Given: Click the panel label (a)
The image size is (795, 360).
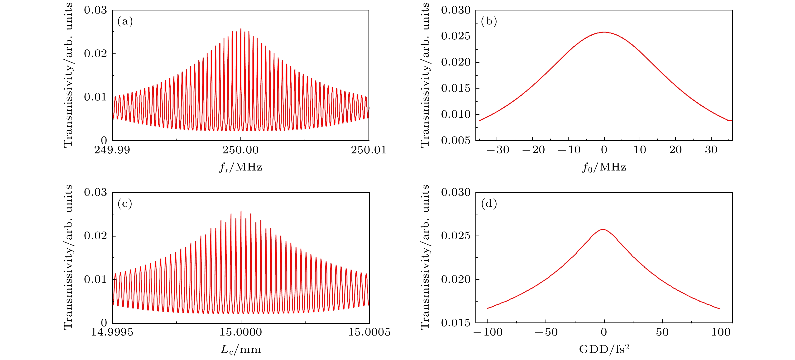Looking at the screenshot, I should pyautogui.click(x=125, y=21).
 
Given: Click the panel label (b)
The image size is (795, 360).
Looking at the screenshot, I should pyautogui.click(x=489, y=21).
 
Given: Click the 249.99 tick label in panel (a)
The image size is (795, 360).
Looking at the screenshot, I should pyautogui.click(x=112, y=150).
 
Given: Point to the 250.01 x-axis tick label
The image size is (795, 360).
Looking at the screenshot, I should pyautogui.click(x=369, y=150).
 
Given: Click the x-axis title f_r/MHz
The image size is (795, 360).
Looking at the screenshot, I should pyautogui.click(x=241, y=167).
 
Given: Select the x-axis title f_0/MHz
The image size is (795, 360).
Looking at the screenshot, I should pyautogui.click(x=604, y=167).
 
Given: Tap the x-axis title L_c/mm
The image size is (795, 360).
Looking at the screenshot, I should pyautogui.click(x=241, y=350).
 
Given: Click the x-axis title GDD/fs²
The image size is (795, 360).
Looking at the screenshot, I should pyautogui.click(x=604, y=349).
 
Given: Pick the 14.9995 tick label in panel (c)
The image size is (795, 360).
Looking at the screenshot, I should pyautogui.click(x=112, y=332).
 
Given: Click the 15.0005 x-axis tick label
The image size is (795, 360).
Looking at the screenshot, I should pyautogui.click(x=369, y=332).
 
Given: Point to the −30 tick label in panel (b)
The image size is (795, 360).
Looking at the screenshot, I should pyautogui.click(x=498, y=150).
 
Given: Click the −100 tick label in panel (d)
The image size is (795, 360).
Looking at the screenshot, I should pyautogui.click(x=488, y=332).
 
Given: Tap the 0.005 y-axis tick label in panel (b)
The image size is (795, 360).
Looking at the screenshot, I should pyautogui.click(x=455, y=141).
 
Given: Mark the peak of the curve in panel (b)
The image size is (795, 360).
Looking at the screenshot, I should pyautogui.click(x=604, y=32).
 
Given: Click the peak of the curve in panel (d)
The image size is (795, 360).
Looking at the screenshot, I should pyautogui.click(x=603, y=229).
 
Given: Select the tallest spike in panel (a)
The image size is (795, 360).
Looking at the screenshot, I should pyautogui.click(x=241, y=29).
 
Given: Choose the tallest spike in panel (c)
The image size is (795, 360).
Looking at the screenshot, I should pyautogui.click(x=241, y=211).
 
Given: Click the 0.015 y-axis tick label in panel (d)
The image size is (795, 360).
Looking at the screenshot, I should pyautogui.click(x=455, y=323).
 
